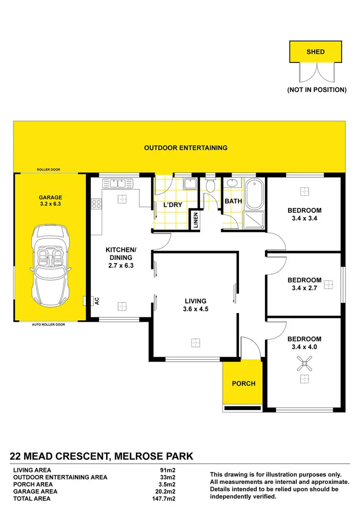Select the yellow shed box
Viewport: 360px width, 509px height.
click(316, 52)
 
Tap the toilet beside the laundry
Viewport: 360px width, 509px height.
click(210, 186)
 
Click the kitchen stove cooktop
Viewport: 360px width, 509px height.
click(96, 204)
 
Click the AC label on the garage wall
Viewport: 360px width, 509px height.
click(96, 301)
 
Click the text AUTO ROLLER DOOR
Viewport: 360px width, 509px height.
click(48, 325)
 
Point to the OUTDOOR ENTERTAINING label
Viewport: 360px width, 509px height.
click(186, 148)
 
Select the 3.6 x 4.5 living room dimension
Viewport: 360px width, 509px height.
click(195, 309)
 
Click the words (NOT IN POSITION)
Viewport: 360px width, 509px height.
click(316, 90)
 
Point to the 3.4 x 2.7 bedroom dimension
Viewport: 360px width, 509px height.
click(304, 289)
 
